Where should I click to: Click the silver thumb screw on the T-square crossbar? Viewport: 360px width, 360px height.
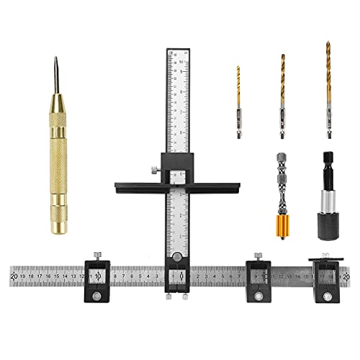154,170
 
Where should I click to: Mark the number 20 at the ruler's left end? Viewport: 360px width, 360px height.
15,275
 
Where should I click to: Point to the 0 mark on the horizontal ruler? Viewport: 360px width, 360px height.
181,275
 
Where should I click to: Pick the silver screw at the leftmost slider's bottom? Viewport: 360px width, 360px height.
97,297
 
